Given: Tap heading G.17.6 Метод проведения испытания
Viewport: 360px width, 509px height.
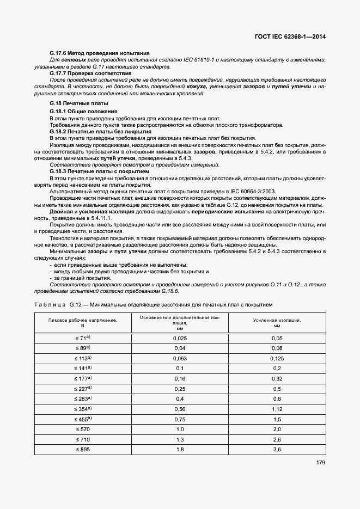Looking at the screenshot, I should [99, 53].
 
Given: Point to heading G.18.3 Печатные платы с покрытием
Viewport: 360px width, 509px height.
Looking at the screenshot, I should [99, 171].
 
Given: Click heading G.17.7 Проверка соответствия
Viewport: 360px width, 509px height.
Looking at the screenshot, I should [90, 73].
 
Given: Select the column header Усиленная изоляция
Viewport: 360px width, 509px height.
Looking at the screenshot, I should [277, 323].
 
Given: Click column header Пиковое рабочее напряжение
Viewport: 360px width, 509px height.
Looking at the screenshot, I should [83, 323].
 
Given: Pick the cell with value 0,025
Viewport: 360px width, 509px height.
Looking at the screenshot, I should [180, 338].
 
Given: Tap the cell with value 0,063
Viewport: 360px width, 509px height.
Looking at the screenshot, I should [180, 359].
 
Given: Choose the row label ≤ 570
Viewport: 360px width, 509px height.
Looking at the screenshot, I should [83, 429].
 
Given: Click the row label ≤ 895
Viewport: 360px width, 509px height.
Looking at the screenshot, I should [83, 449].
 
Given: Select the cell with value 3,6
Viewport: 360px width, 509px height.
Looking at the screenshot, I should [277, 449].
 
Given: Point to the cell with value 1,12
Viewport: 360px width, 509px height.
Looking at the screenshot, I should [277, 409].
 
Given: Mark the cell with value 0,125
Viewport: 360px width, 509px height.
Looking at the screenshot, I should [277, 359].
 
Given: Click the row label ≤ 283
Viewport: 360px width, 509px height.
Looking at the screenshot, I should [83, 398].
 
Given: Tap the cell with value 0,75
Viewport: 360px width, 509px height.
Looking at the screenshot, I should [180, 419].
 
